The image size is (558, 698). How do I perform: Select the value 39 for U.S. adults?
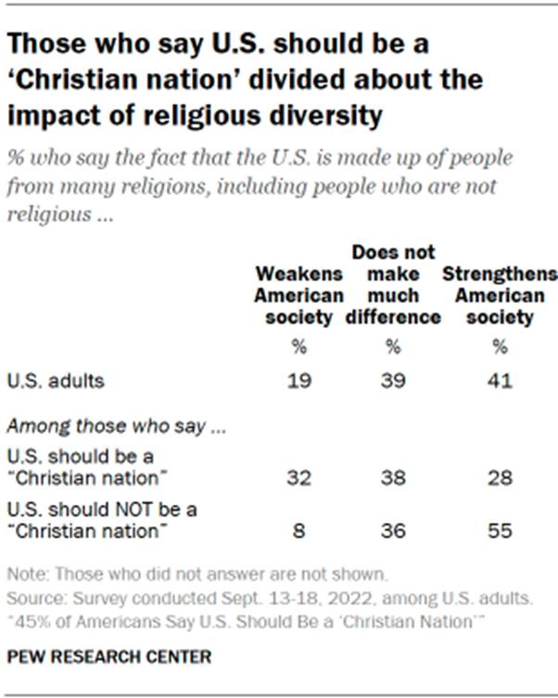point(393,379)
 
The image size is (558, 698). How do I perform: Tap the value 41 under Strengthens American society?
point(501,379)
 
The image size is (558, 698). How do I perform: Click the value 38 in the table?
point(393,478)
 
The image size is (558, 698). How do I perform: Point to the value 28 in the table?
point(501,478)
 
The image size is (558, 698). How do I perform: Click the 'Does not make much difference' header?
point(393,286)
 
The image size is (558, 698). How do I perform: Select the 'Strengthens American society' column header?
point(501,296)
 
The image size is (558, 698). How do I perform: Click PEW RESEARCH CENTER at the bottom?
point(109,656)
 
